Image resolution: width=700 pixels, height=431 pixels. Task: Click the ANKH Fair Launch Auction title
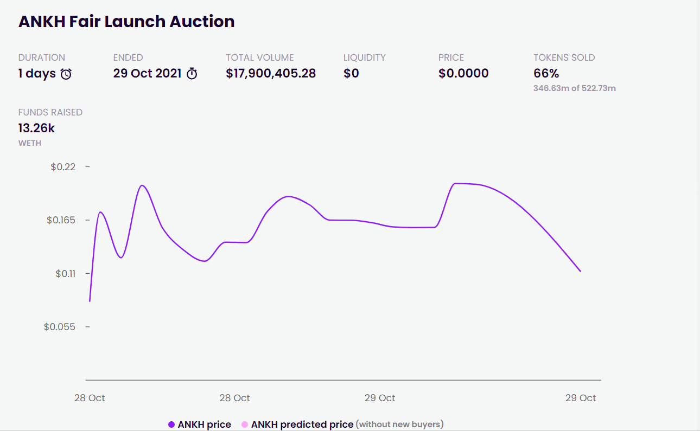[x=126, y=22]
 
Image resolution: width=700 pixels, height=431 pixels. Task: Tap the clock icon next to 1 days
[x=66, y=74]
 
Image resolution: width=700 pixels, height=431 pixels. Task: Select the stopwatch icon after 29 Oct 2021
[x=192, y=74]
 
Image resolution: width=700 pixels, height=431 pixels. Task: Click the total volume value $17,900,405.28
[x=271, y=74]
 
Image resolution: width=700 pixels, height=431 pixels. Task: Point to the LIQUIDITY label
[x=364, y=57]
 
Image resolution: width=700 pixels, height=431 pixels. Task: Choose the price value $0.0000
[x=463, y=74]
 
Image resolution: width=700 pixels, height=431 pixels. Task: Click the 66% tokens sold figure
[x=546, y=74]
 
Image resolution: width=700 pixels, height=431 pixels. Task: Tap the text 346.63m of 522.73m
[x=574, y=88]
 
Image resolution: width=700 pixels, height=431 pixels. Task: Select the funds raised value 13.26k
[x=36, y=128]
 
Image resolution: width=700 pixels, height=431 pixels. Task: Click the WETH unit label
[x=30, y=143]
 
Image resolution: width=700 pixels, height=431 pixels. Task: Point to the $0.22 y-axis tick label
[x=63, y=167]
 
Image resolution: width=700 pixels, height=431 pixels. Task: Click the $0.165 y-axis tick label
[x=61, y=220]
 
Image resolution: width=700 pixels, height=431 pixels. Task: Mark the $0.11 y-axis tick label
[x=65, y=274]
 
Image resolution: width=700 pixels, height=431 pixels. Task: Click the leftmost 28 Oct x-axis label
[x=90, y=398]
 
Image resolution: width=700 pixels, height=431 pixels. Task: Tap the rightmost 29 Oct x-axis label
[x=580, y=398]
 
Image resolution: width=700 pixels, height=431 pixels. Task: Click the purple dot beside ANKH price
[x=171, y=424]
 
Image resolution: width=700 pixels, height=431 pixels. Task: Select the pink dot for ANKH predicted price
[x=245, y=424]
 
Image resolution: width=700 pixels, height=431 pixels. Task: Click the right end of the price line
[x=581, y=271]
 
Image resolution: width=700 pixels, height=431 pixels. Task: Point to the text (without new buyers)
[x=399, y=424]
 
